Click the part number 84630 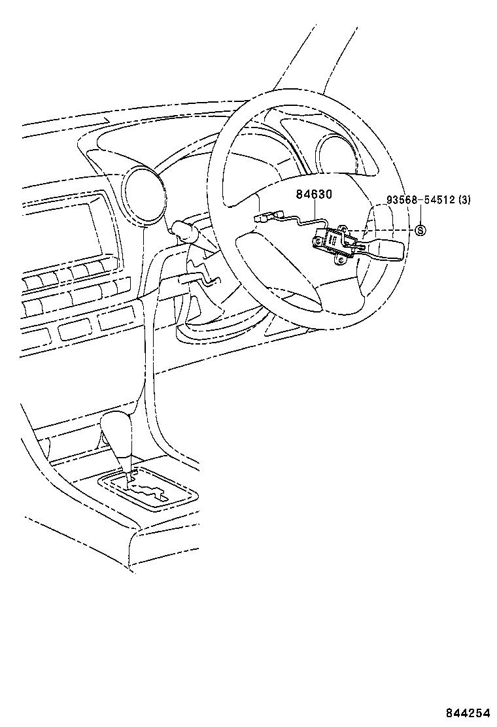[x=315, y=194]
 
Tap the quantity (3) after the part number [x=463, y=200]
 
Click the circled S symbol [x=420, y=229]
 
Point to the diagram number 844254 [x=468, y=713]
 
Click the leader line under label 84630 [x=318, y=212]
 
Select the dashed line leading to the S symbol [x=386, y=230]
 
